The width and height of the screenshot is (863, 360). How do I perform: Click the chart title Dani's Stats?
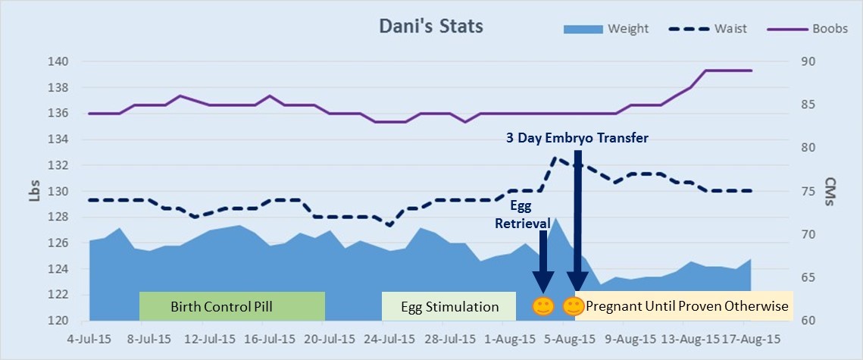pyautogui.click(x=430, y=27)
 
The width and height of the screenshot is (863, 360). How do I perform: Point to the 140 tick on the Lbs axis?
pyautogui.click(x=60, y=61)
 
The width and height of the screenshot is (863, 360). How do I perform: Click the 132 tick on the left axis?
pyautogui.click(x=60, y=165)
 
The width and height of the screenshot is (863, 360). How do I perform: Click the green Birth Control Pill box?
pyautogui.click(x=232, y=307)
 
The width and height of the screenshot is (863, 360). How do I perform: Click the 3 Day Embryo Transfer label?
pyautogui.click(x=577, y=138)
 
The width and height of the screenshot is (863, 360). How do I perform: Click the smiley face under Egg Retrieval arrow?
pyautogui.click(x=542, y=307)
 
